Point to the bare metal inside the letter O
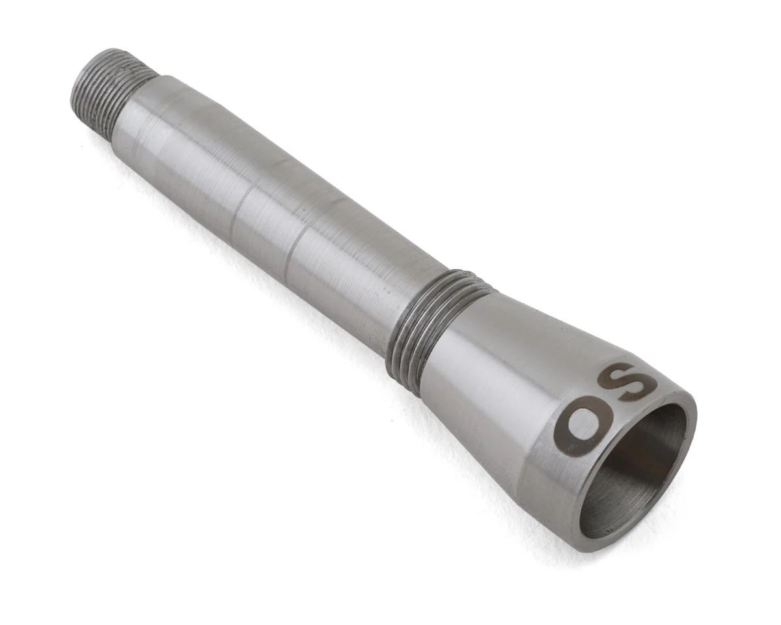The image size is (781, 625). point(584,427)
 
